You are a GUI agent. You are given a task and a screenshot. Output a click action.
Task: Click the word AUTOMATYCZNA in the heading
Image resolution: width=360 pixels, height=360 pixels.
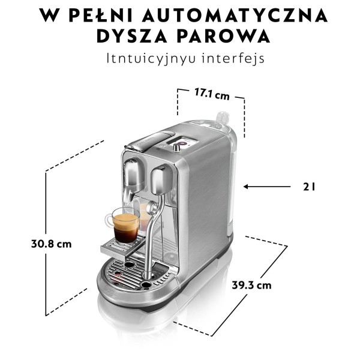[235, 15]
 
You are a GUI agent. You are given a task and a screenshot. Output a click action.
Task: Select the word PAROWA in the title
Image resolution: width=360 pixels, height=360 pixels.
[223, 36]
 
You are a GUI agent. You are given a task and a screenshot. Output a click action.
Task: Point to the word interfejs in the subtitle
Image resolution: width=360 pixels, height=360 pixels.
[233, 58]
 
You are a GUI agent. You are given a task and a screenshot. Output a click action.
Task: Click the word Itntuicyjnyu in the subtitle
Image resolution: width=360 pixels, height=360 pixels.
[151, 59]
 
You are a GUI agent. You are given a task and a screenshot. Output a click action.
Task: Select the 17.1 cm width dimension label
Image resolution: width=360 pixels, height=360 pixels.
[212, 94]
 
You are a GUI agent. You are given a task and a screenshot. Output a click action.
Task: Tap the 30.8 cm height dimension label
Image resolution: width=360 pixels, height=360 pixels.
[52, 244]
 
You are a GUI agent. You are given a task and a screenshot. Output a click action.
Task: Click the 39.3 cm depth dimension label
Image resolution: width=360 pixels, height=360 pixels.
[251, 286]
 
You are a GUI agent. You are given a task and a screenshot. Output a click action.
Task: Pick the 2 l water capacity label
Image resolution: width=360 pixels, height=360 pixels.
[309, 187]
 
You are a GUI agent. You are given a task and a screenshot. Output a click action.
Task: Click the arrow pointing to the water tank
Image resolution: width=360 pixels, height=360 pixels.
[267, 187]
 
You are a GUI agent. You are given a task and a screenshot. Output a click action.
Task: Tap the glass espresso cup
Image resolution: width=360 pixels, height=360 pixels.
[123, 225]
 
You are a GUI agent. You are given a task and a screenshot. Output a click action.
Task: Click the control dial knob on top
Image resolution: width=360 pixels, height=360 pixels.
[176, 147]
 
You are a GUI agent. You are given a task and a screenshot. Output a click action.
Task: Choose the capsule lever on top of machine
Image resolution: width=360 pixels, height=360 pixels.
[151, 140]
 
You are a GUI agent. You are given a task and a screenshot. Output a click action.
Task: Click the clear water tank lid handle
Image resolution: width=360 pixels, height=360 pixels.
[222, 119]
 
